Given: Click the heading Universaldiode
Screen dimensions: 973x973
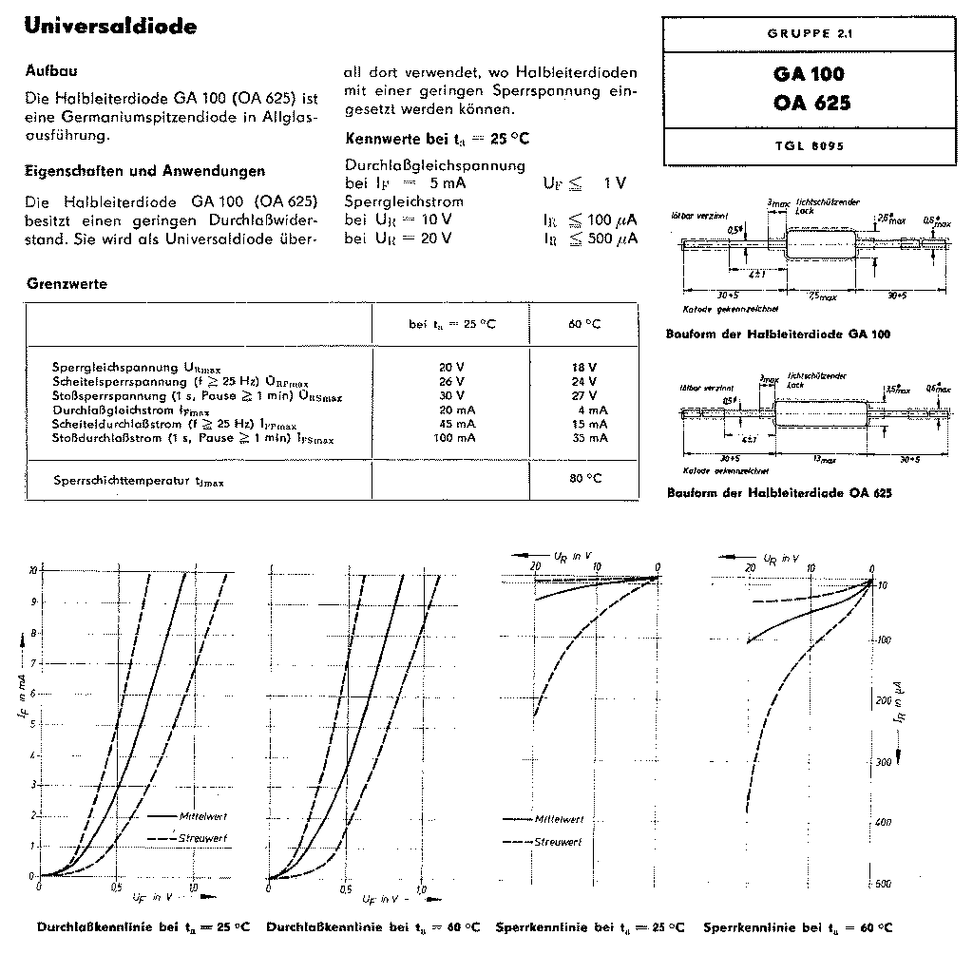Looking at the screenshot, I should [111, 27].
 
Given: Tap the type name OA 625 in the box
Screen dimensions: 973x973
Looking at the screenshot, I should [811, 103].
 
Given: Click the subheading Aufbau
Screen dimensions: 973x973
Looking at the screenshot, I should [51, 72].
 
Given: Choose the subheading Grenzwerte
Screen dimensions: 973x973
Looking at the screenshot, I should [67, 284].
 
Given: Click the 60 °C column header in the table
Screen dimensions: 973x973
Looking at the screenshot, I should [584, 324].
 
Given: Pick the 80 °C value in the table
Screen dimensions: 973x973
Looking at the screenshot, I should [585, 478].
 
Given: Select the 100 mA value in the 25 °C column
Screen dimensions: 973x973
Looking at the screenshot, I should [452, 438].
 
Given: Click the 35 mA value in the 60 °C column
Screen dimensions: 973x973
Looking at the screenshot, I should [584, 438].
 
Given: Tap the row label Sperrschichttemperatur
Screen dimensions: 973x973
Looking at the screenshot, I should [139, 482].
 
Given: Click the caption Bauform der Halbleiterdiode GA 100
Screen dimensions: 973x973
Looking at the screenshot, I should [779, 334].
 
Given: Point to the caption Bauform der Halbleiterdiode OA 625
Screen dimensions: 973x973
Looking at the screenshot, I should [779, 493].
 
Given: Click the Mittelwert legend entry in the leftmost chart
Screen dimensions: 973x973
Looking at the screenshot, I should [200, 816].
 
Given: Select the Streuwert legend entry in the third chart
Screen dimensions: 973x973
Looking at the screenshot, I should [559, 842].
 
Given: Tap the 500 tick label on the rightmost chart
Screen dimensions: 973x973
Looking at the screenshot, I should [883, 884].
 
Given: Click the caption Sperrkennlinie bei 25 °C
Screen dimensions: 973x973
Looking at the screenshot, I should [589, 927].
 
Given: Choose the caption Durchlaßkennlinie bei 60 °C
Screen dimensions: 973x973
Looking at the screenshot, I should [372, 927].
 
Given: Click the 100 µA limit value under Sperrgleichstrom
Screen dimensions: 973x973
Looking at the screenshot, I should [601, 219].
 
